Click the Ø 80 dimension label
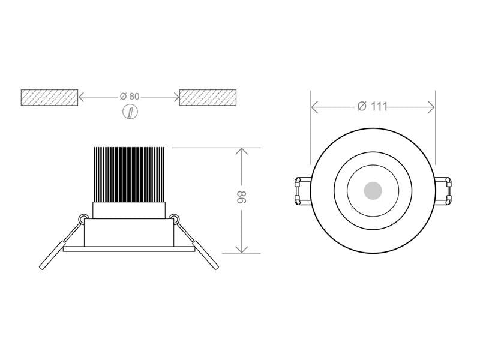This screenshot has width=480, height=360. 130,97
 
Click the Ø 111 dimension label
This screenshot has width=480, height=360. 372,107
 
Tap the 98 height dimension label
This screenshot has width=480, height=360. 242,197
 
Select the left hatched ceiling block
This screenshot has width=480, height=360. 49,97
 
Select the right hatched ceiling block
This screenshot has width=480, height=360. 208,97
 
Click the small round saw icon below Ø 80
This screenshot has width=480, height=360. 130,112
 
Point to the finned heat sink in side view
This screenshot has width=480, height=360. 129,175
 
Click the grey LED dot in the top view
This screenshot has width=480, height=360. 373,191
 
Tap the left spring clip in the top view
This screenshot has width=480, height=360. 302,191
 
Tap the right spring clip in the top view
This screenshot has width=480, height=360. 443,191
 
